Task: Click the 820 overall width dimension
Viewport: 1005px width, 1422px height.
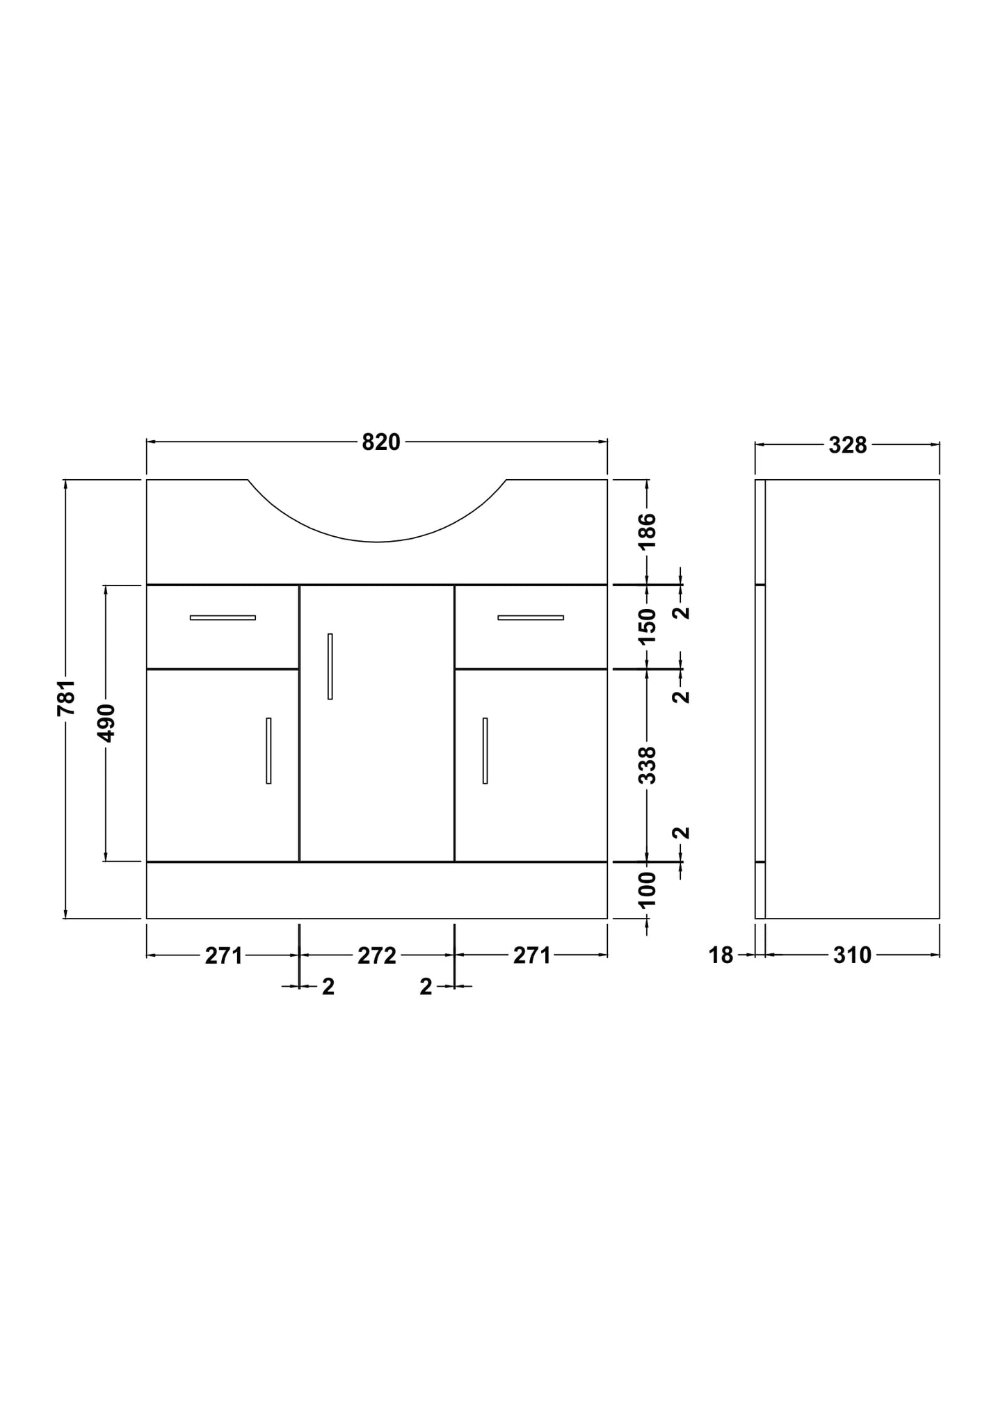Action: (x=381, y=442)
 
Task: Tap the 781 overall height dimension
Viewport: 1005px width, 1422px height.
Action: (x=66, y=697)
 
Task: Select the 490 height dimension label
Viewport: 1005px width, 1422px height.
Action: (x=106, y=723)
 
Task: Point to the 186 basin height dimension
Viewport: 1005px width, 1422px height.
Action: (x=648, y=531)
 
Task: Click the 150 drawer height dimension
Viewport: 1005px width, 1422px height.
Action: (x=648, y=627)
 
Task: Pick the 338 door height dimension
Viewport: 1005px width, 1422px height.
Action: (x=648, y=765)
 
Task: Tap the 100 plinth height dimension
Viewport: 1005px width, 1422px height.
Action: (x=648, y=889)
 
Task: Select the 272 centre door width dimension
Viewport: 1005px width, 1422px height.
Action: (x=377, y=956)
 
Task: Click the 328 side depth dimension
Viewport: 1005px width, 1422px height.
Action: (x=848, y=445)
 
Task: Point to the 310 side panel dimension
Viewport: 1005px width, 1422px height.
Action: (x=852, y=956)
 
